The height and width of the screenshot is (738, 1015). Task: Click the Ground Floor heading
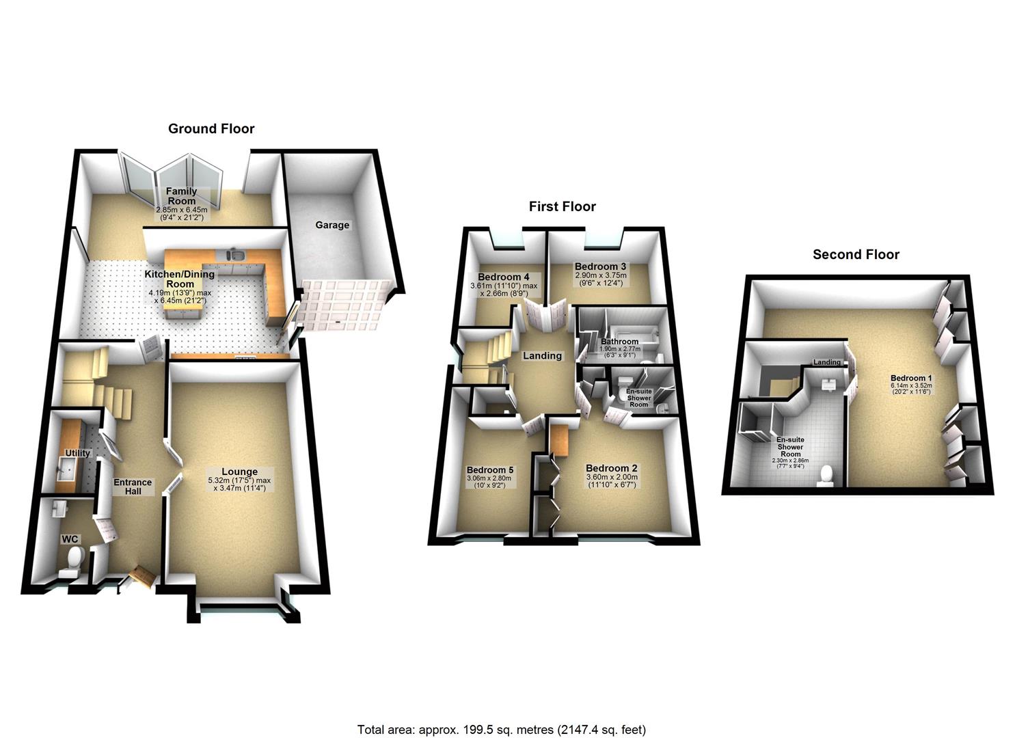click(211, 128)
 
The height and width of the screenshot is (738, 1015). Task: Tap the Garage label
click(332, 225)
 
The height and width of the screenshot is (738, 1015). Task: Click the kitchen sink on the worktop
click(239, 255)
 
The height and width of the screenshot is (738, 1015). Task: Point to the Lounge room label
click(239, 471)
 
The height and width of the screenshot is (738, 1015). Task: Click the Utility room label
click(77, 453)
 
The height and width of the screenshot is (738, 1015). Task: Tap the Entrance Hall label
click(133, 487)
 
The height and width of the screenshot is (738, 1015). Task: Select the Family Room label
click(182, 196)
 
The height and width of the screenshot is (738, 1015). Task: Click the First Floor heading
click(562, 206)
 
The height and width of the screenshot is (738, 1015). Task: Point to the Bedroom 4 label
click(504, 277)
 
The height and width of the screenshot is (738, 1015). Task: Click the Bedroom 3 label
click(600, 266)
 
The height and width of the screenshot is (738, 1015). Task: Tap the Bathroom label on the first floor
click(619, 342)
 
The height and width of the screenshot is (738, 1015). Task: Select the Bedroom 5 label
click(489, 470)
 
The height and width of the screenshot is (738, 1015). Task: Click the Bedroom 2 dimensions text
click(612, 481)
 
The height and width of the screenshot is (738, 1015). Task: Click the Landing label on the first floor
click(542, 355)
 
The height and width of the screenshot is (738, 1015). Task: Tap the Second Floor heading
click(856, 254)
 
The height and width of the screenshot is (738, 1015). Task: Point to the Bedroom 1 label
click(911, 378)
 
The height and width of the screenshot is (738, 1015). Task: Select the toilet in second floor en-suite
click(826, 476)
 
